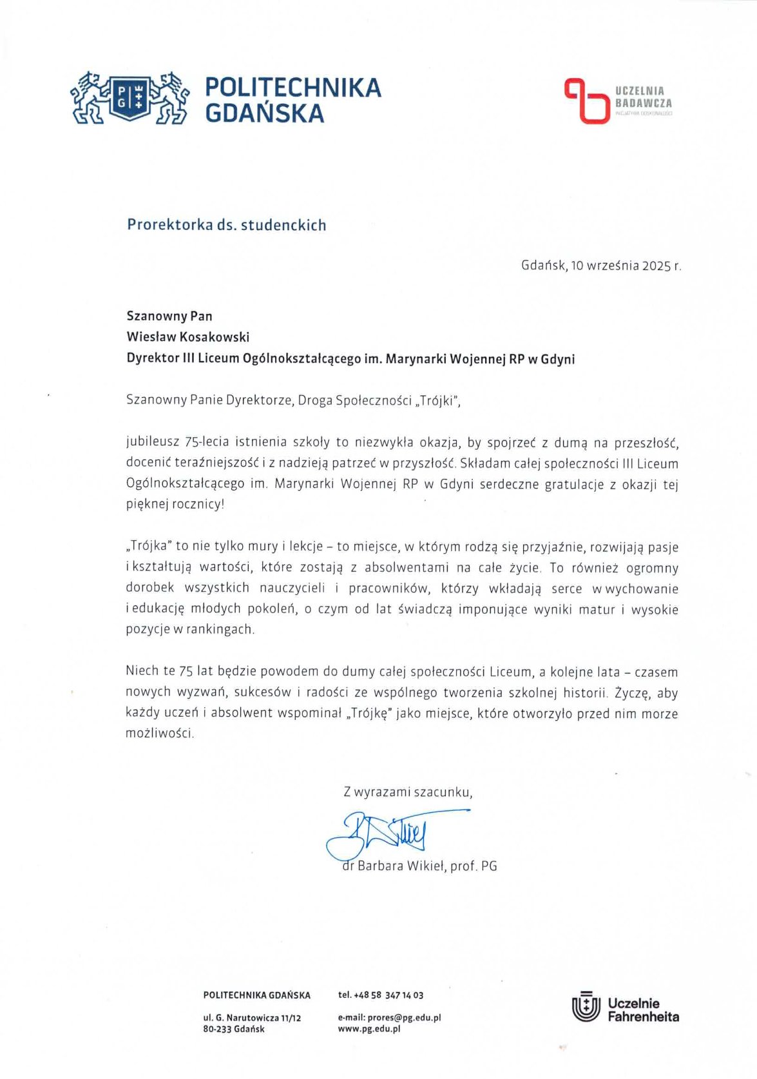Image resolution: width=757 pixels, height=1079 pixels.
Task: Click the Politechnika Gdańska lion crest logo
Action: (129, 98)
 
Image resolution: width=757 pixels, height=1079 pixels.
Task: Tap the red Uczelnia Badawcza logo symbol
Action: (586, 100)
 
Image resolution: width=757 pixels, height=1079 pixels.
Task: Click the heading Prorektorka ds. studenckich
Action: (226, 225)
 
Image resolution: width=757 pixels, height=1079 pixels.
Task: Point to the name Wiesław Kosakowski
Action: (187, 336)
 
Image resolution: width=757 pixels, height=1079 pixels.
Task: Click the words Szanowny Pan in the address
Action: (169, 316)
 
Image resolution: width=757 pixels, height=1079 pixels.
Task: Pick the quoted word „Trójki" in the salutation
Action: (438, 400)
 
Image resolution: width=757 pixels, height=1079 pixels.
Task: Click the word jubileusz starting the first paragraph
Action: (153, 443)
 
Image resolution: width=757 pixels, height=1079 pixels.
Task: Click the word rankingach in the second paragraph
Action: (219, 630)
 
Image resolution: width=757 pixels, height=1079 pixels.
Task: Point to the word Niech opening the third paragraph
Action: (142, 671)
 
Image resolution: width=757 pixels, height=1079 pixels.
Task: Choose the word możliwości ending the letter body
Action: (158, 734)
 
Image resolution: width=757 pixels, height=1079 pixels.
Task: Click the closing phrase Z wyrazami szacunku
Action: (407, 792)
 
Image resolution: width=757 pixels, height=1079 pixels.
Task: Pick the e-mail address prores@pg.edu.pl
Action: (404, 1018)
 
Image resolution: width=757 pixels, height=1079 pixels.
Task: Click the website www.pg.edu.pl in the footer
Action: (369, 1029)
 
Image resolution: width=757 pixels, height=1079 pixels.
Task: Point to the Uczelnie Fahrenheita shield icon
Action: (585, 1009)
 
